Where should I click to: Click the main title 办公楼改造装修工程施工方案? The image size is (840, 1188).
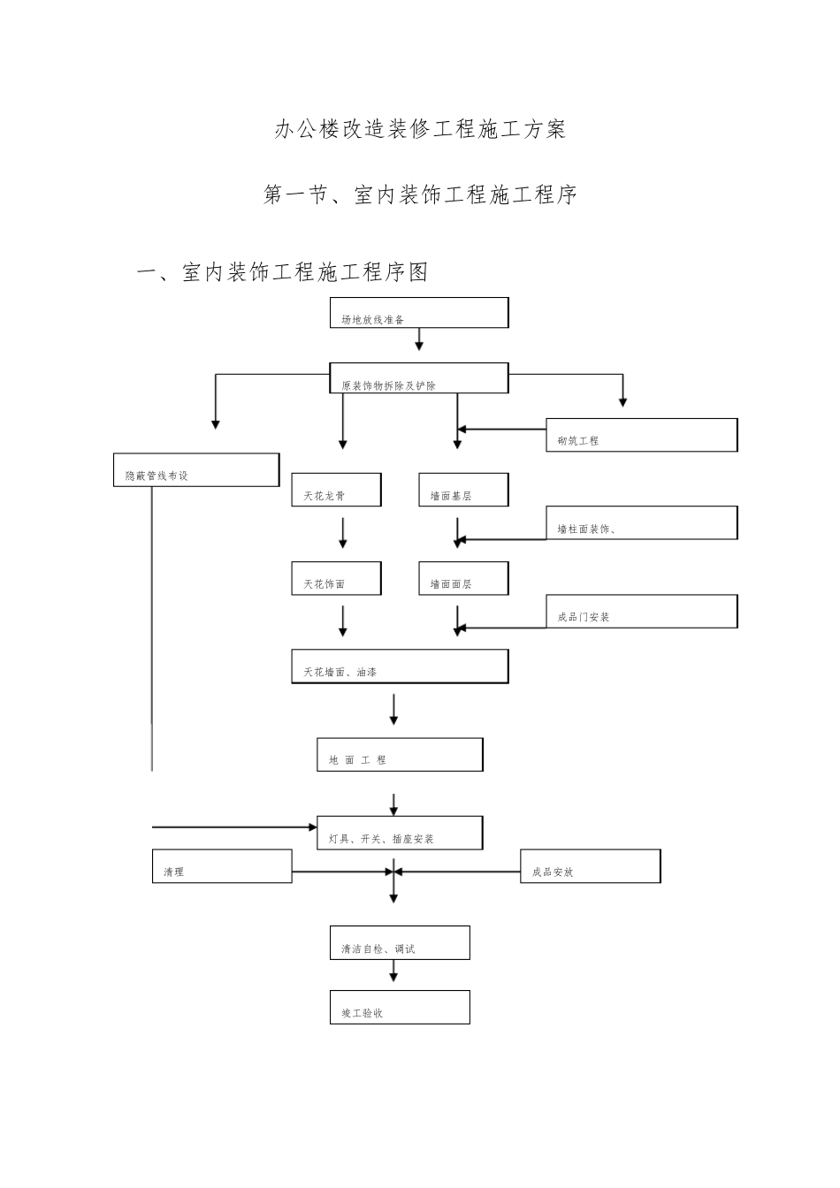420,130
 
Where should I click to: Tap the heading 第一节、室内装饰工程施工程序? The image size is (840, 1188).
420,195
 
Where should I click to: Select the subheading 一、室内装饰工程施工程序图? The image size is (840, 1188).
282,272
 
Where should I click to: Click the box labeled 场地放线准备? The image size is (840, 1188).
419,313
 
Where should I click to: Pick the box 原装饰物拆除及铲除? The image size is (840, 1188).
419,378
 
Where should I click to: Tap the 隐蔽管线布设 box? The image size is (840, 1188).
196,470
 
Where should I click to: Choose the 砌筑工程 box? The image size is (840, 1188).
641,436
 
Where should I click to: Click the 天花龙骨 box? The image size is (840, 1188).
337,490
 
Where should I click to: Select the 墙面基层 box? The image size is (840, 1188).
463,490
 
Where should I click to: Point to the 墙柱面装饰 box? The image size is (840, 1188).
641,523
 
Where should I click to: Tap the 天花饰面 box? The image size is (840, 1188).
337,578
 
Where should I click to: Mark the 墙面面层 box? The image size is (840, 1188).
463,578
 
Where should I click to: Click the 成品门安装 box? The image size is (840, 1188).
641,612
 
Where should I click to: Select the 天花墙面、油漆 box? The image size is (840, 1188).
400,666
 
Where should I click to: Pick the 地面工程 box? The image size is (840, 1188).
400,755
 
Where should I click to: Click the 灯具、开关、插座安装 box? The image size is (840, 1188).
400,833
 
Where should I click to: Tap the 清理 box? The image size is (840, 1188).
222,866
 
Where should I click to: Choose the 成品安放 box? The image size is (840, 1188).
590,866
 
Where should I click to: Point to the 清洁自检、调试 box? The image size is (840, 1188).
400,943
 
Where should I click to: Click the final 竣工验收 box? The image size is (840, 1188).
400,1008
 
